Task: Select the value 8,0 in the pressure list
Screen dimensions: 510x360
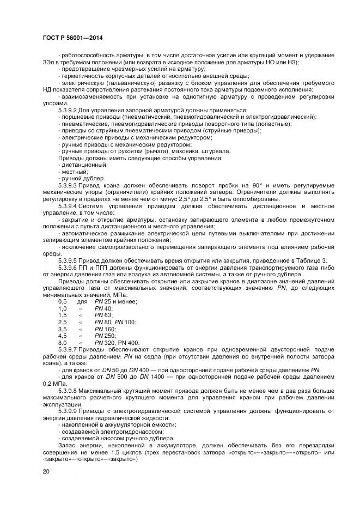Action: point(62,342)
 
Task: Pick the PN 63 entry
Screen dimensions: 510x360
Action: point(103,315)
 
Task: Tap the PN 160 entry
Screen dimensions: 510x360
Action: point(105,329)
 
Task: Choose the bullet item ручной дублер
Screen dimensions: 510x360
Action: point(81,178)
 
